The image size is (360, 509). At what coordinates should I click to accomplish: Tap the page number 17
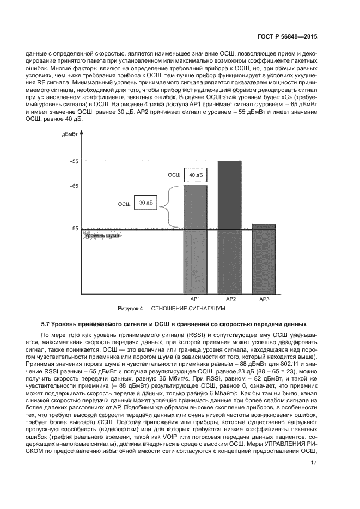[314, 463]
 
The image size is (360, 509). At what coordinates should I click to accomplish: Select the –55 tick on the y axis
[74, 161]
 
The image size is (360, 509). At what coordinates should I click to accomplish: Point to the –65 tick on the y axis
[74, 186]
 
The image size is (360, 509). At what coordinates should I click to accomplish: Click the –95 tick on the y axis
[74, 229]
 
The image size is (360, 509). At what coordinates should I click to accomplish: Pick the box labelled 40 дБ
[196, 175]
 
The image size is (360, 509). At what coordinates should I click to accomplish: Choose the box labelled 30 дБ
[145, 203]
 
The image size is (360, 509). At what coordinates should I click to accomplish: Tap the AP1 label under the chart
[195, 299]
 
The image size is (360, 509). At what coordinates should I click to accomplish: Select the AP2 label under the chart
[230, 299]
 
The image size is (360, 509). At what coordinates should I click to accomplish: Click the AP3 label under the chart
[264, 299]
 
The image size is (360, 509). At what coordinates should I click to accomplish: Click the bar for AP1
[195, 240]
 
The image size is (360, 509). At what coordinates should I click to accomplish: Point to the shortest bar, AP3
[264, 259]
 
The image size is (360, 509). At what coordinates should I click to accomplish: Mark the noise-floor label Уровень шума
[101, 235]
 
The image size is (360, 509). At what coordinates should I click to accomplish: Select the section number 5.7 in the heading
[46, 324]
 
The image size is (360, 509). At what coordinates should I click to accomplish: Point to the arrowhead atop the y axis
[82, 132]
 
